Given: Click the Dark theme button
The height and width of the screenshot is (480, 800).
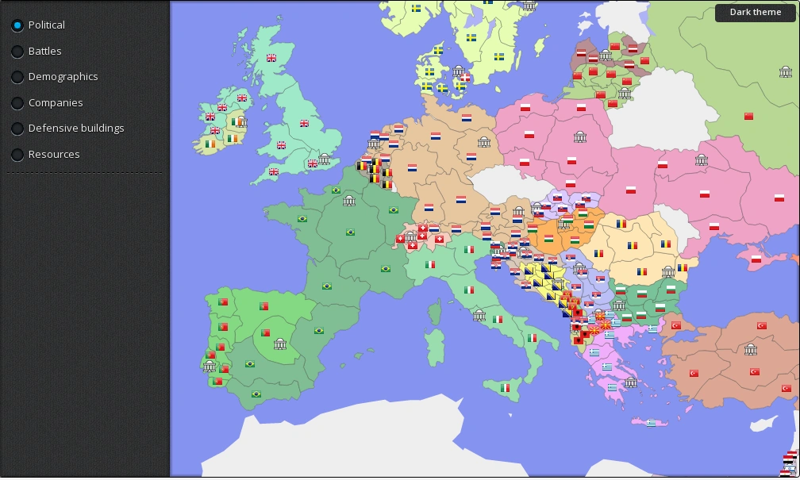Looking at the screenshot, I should [x=756, y=13].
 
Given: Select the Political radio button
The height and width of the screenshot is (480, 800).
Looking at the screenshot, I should [x=17, y=25].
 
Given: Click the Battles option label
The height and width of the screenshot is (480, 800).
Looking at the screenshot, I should [x=44, y=51].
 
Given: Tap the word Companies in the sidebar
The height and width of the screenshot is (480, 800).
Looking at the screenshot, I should [x=55, y=102].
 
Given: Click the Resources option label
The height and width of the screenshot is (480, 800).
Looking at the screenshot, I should [x=54, y=154].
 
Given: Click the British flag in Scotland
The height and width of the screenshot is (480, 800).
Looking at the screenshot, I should [x=271, y=58].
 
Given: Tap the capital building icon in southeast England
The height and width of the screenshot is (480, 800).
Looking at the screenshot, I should [x=324, y=159].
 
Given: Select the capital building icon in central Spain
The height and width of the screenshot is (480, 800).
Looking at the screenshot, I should [x=279, y=344].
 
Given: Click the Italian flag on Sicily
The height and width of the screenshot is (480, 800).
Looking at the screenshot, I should [x=505, y=388].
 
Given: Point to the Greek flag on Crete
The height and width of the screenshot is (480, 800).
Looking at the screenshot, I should [x=651, y=423].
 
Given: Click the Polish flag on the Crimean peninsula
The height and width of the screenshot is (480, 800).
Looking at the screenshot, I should [x=756, y=259].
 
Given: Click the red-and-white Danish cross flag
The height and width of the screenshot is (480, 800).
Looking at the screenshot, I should [x=465, y=78].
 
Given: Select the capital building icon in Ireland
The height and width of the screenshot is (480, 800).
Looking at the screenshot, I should [x=241, y=121].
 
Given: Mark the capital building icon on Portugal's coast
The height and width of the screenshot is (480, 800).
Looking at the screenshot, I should [x=210, y=366].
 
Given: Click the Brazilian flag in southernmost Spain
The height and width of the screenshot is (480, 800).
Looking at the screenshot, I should [x=256, y=394].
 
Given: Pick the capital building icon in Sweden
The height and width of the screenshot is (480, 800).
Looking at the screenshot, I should [x=458, y=71].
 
